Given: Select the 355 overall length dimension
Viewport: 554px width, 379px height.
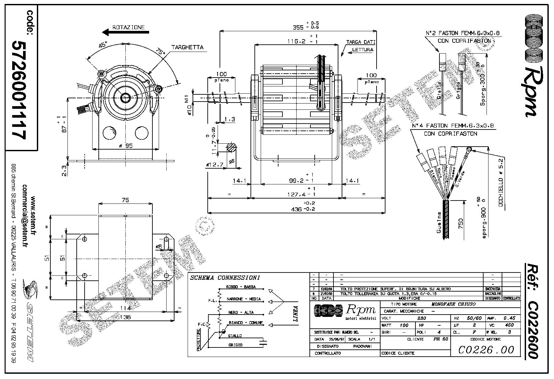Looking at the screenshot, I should click(298, 27).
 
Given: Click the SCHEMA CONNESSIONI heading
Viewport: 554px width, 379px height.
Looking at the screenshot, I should click(225, 278).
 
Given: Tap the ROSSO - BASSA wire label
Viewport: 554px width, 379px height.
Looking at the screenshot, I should click(241, 287).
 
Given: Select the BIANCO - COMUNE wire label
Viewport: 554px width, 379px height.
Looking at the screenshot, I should click(246, 323).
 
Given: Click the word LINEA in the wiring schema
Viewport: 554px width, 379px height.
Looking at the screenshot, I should click(295, 314).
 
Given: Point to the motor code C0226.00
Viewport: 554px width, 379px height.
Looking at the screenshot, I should click(486, 349).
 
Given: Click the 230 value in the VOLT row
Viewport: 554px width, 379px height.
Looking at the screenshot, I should click(422, 318).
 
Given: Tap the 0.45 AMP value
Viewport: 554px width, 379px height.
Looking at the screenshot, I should click(509, 318).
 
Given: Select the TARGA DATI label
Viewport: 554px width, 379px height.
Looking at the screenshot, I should click(361, 42).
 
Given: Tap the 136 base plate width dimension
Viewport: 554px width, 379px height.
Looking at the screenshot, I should click(125, 317).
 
